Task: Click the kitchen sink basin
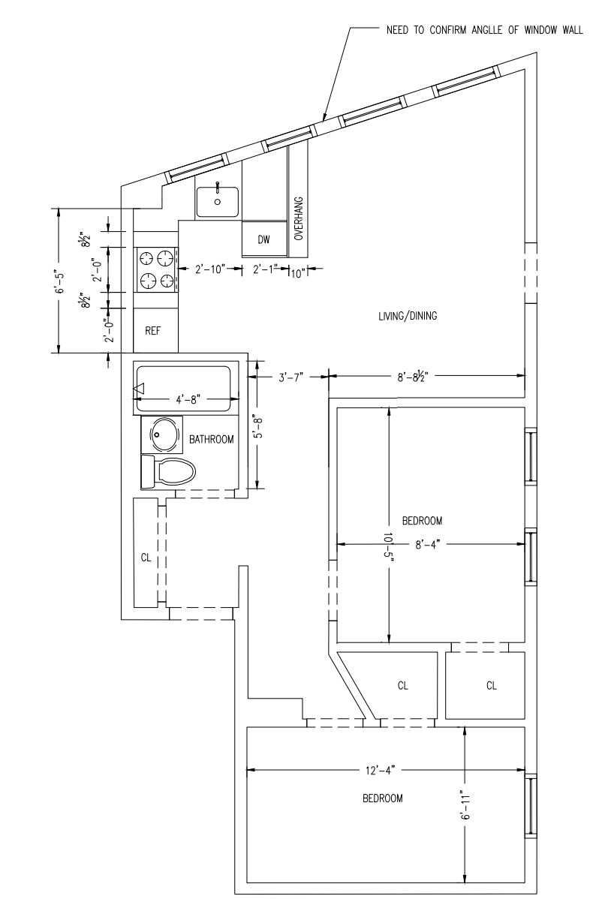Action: [218, 202]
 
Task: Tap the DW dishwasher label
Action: [264, 239]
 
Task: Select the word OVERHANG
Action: [298, 218]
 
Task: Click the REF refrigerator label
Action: [152, 330]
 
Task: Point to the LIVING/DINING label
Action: [408, 315]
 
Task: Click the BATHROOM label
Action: [211, 439]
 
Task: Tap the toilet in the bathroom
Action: [168, 472]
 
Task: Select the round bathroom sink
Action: [164, 434]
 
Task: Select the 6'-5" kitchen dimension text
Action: [59, 281]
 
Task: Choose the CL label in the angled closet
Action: [402, 685]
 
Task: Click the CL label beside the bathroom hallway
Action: [146, 558]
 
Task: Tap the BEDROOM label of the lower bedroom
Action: [382, 798]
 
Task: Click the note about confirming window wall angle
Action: [485, 30]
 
